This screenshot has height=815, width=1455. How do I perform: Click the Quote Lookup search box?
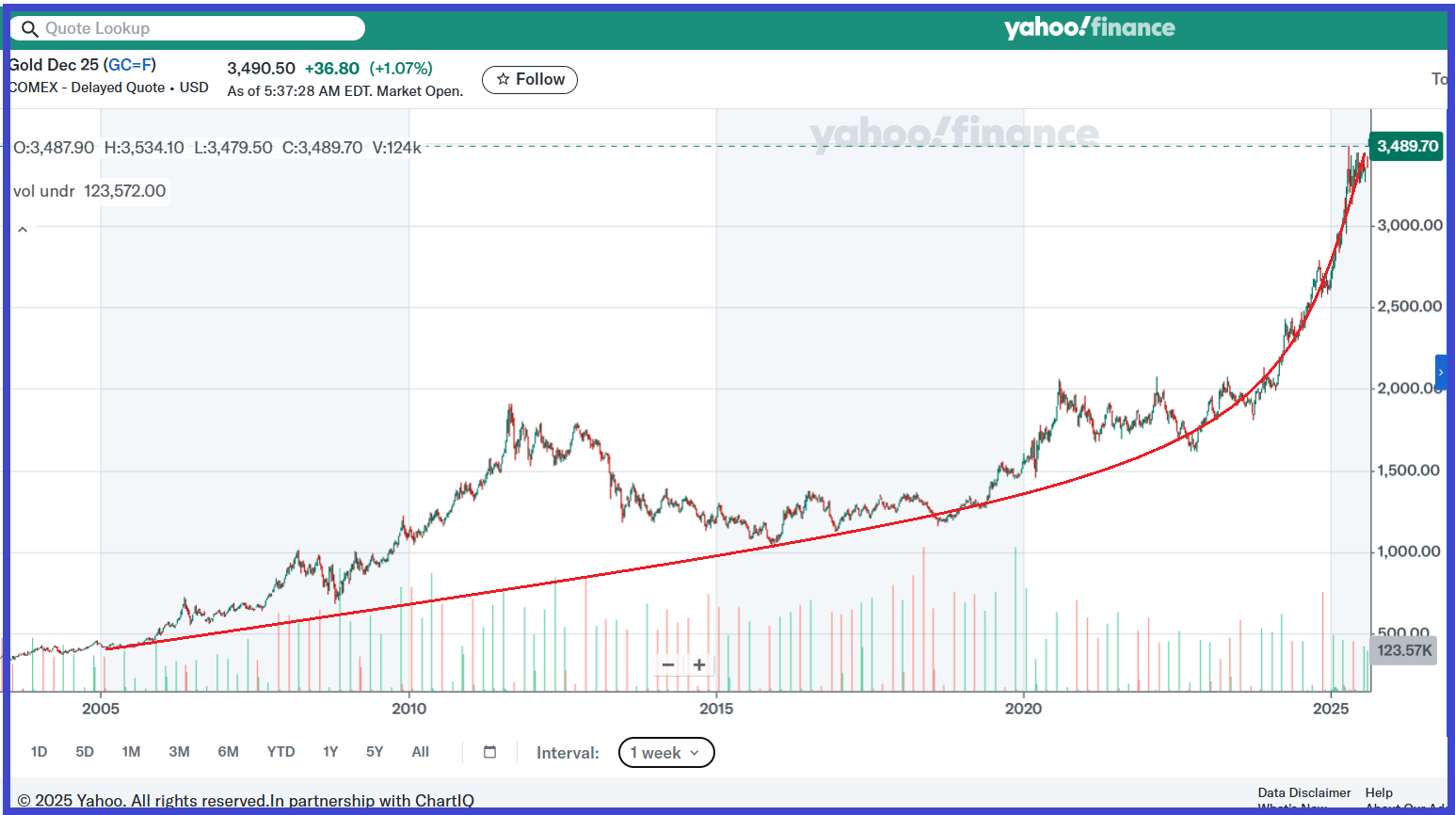[x=188, y=28]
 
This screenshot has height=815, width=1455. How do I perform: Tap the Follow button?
[x=530, y=80]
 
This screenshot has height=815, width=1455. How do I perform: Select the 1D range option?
[x=39, y=752]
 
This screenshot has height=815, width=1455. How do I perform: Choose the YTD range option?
[x=280, y=752]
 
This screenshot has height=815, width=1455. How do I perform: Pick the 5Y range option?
[x=375, y=752]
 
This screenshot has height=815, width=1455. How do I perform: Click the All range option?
[x=421, y=752]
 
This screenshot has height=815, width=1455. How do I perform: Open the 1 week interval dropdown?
[x=666, y=753]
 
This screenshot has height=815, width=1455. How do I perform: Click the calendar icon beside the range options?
[x=489, y=752]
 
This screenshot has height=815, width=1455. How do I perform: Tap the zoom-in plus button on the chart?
[x=699, y=665]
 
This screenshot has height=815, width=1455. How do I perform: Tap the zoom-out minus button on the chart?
[x=668, y=665]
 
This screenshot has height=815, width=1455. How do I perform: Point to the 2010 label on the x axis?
[x=408, y=709]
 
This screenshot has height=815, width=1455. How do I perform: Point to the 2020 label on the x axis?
[x=1023, y=709]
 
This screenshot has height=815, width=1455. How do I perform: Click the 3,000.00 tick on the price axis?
[x=1409, y=225]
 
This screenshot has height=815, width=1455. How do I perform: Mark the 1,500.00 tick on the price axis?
[x=1408, y=471]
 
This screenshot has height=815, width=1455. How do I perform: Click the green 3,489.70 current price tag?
[x=1407, y=146]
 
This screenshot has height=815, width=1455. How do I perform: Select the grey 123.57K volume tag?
[x=1404, y=650]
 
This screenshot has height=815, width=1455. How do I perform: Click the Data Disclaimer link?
[x=1303, y=792]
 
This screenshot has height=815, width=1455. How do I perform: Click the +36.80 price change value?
[x=332, y=69]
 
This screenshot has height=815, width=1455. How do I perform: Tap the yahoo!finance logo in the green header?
[x=1089, y=28]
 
